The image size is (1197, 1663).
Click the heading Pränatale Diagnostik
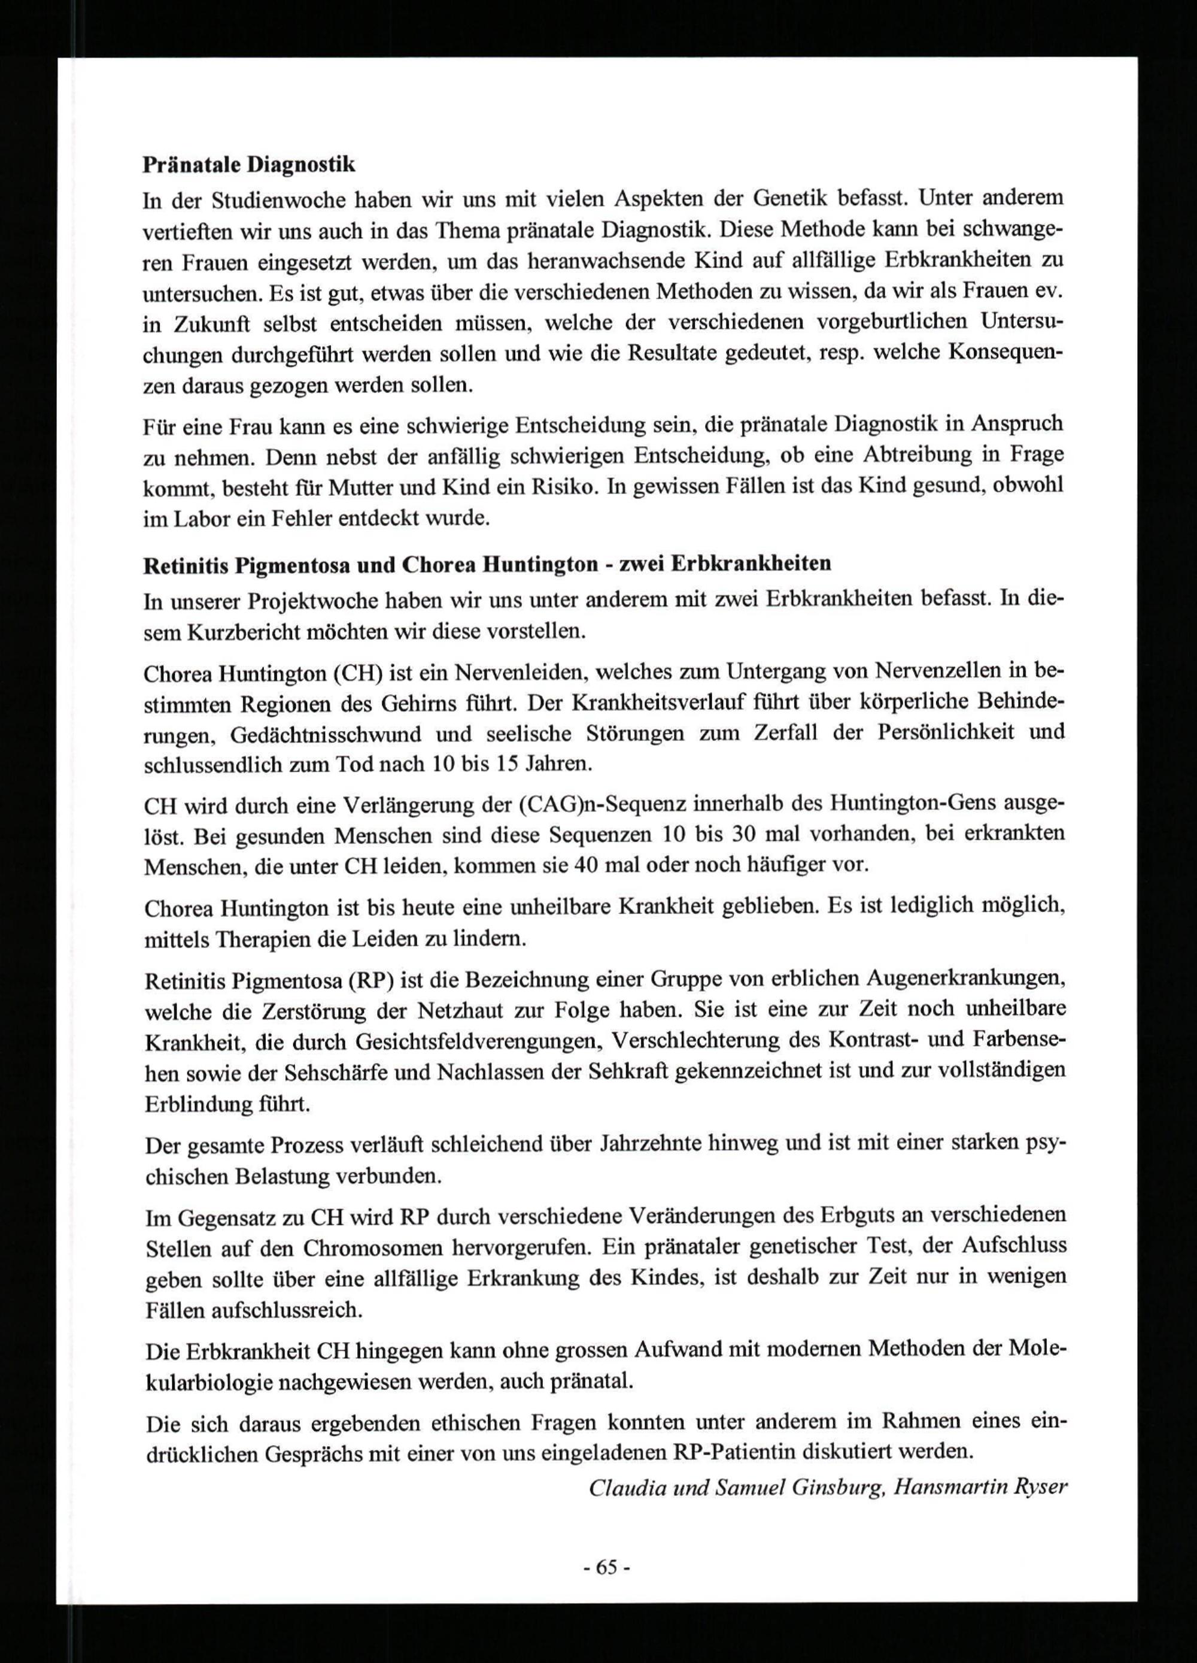pyautogui.click(x=248, y=165)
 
